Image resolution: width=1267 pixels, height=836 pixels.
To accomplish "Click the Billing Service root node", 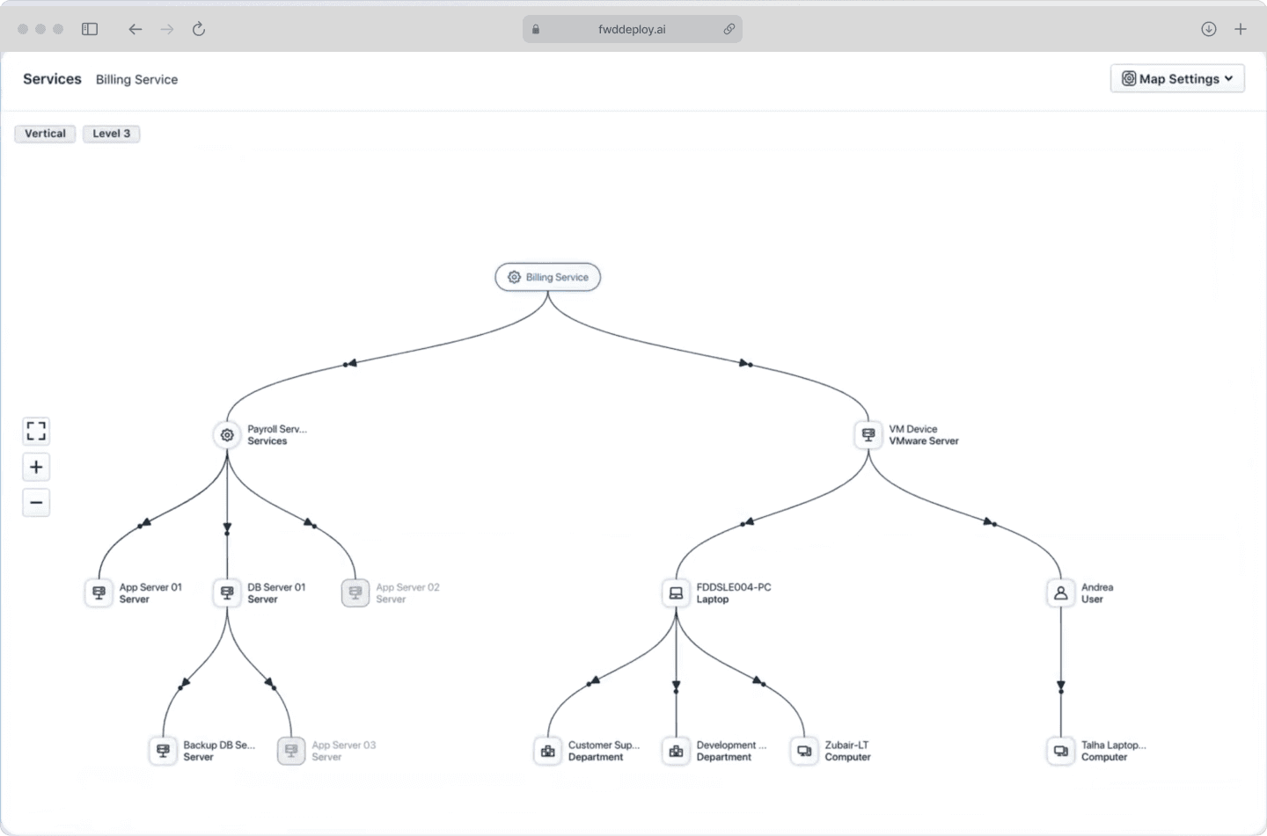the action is click(x=547, y=277).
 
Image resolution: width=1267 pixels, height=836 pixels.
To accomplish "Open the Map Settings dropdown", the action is click(x=1177, y=78).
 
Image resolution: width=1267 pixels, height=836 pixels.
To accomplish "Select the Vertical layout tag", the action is click(x=45, y=134).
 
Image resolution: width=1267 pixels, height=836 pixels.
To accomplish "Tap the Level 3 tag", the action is click(x=112, y=134).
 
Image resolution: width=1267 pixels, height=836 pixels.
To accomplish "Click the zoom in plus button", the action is click(x=36, y=467).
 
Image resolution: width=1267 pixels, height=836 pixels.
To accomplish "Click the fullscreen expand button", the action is click(x=36, y=432).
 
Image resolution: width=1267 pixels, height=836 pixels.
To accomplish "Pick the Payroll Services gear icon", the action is click(x=227, y=435).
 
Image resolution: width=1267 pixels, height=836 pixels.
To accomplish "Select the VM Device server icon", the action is click(x=868, y=435).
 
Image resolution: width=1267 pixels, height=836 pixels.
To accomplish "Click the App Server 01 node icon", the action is click(x=99, y=593).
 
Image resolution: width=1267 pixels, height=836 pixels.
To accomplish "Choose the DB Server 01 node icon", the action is click(x=227, y=593).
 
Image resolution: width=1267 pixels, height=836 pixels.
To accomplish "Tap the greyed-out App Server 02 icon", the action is click(x=355, y=593).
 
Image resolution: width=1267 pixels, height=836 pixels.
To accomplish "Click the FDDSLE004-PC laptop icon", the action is click(x=676, y=593).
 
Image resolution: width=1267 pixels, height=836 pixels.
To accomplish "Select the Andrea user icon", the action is click(x=1060, y=593).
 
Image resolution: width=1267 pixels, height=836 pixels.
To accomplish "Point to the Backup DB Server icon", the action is click(x=163, y=751).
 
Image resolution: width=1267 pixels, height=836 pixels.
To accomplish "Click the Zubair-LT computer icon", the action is click(x=804, y=751).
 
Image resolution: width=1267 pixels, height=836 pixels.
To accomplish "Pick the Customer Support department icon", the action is click(x=547, y=751).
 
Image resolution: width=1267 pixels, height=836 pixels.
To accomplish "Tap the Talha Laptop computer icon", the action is click(x=1060, y=751).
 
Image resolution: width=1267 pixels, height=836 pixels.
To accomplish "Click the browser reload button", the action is click(x=199, y=29).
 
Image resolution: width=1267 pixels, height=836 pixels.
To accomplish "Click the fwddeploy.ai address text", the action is click(x=632, y=29).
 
